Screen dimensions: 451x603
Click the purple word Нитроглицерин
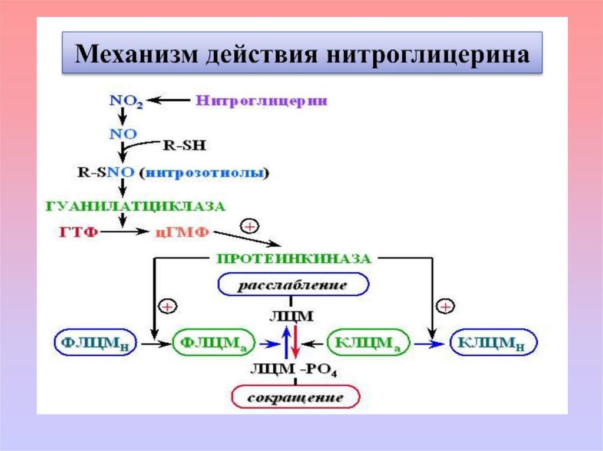[x=261, y=101]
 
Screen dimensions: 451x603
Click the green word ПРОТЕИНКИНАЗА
[x=293, y=259]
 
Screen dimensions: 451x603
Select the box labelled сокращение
[x=295, y=397]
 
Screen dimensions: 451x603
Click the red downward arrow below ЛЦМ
[x=296, y=343]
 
